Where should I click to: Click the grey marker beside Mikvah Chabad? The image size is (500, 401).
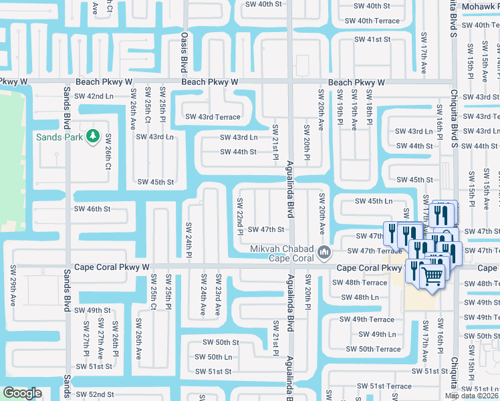pyautogui.click(x=325, y=253)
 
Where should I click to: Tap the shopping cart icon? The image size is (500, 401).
pyautogui.click(x=432, y=274)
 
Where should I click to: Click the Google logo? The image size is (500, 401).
pyautogui.click(x=22, y=393)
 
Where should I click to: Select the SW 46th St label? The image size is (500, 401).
pyautogui.click(x=92, y=209)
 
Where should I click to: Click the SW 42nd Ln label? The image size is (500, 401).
pyautogui.click(x=95, y=96)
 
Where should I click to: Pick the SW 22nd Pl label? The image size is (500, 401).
pyautogui.click(x=239, y=217)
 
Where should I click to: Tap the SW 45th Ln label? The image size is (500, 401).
pyautogui.click(x=374, y=201)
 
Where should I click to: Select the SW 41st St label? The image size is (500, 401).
pyautogui.click(x=373, y=39)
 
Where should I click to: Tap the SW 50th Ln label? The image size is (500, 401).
pyautogui.click(x=214, y=357)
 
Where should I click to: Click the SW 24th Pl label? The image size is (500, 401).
pyautogui.click(x=189, y=241)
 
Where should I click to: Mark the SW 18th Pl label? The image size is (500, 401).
pyautogui.click(x=368, y=111)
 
